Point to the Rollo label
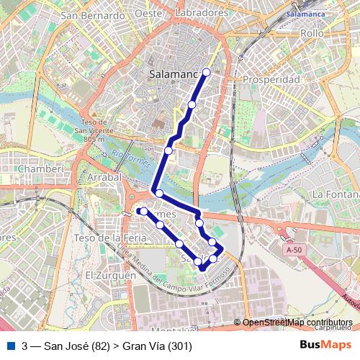[312, 34]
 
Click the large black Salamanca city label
[172, 73]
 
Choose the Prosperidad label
[271, 79]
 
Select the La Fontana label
[336, 194]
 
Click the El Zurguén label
[109, 276]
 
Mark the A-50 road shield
[292, 250]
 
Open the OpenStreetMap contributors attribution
[297, 323]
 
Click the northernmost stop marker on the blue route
[207, 71]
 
